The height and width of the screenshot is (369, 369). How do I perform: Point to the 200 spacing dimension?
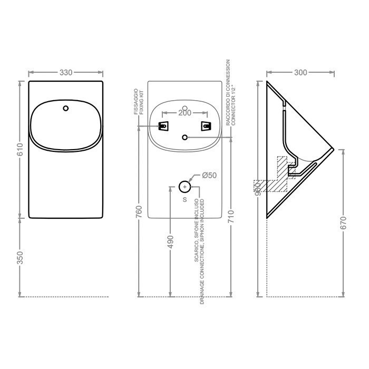[x=184, y=112]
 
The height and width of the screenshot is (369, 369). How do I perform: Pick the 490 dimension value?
[x=170, y=241]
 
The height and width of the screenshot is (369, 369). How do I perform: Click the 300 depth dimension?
[x=300, y=72]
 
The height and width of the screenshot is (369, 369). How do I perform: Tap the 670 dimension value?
[x=343, y=223]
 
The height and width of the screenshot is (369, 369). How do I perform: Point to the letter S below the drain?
[x=184, y=199]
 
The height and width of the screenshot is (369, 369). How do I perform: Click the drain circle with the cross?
[x=184, y=186]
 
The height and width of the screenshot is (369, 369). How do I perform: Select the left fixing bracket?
[x=164, y=125]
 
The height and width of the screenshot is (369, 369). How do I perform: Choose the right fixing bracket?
[x=205, y=125]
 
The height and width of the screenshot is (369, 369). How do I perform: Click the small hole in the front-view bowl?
[x=65, y=109]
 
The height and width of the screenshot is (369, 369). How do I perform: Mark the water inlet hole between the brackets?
[x=184, y=137]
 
